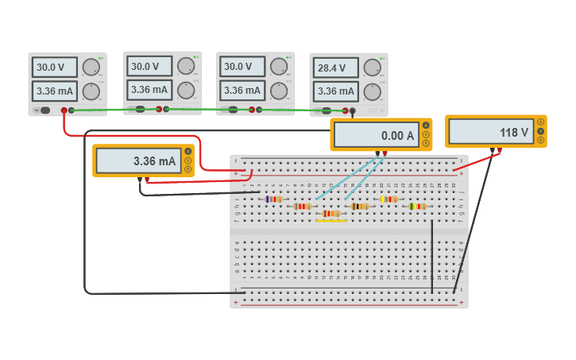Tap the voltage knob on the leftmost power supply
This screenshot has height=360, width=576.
92,68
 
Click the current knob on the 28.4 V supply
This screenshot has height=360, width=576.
373,91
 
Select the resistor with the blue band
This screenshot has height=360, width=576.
273,199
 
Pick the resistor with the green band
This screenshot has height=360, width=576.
417,206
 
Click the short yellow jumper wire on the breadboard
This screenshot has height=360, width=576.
331,221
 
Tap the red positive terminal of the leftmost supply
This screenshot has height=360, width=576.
64,110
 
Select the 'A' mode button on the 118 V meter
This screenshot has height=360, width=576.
541,122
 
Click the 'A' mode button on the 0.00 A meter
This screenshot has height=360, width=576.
426,126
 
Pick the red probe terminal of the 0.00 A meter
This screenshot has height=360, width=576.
385,153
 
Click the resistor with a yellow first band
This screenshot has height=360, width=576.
388,199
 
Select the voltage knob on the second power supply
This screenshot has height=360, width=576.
186,66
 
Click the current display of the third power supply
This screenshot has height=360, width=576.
242,91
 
